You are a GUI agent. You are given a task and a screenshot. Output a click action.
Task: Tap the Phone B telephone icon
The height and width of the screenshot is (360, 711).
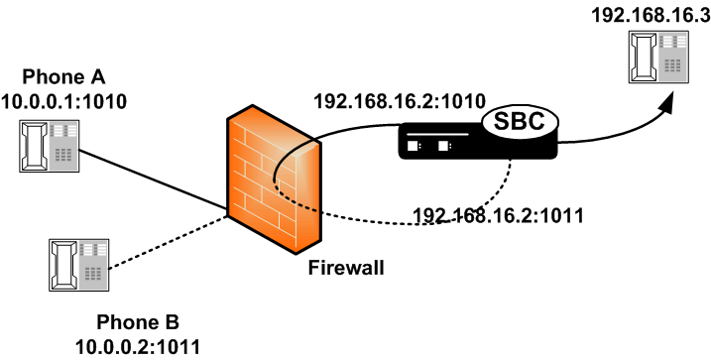(76, 264)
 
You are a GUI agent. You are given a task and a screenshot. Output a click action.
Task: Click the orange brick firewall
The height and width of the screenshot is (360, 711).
(274, 179)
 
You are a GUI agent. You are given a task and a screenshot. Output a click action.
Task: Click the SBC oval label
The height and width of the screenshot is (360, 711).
(519, 124)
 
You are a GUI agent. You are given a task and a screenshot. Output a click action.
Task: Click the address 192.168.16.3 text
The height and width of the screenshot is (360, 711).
(646, 15)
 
